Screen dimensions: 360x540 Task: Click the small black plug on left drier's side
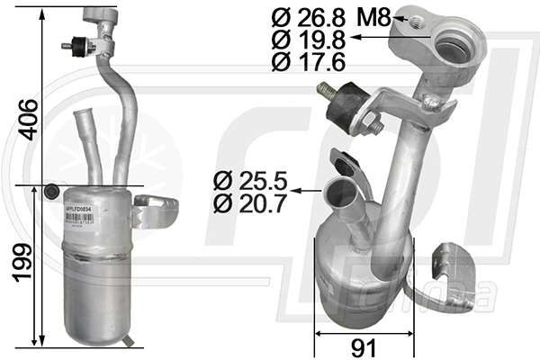click(x=52, y=191)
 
